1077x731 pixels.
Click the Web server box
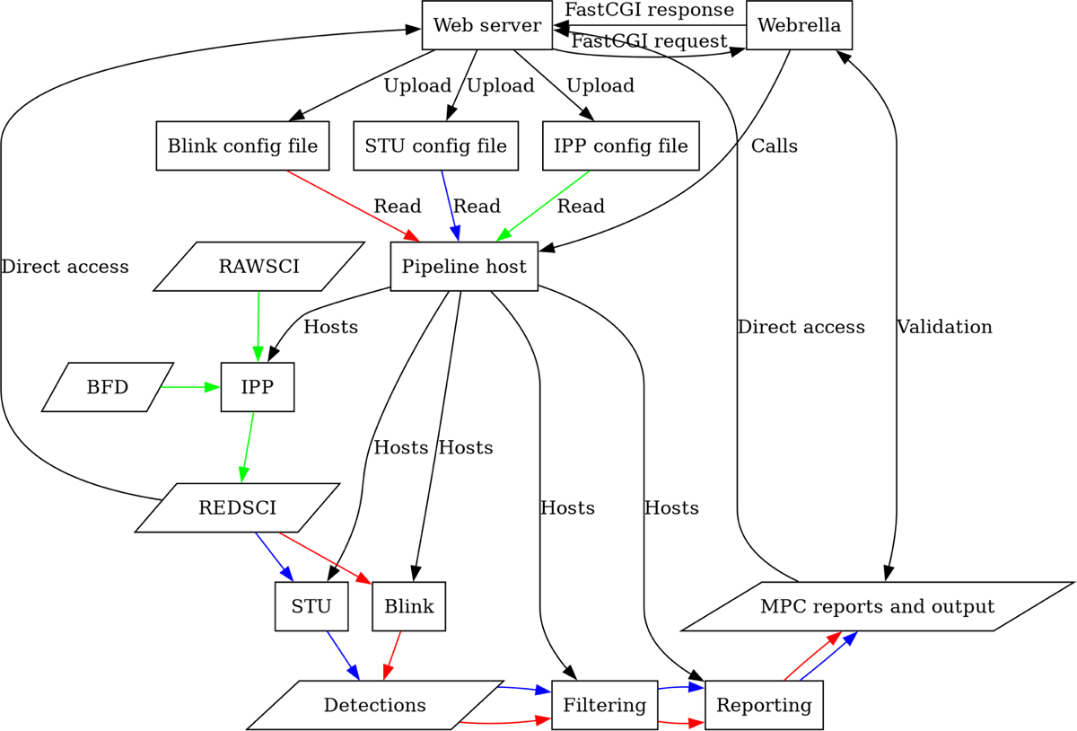[x=486, y=25]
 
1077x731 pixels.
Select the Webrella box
[x=799, y=25]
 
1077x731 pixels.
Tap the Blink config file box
[x=242, y=145]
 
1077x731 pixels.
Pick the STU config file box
[x=436, y=145]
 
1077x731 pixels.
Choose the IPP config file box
[x=621, y=145]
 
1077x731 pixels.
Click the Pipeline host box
[x=464, y=267]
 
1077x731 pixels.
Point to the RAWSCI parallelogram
[x=258, y=267]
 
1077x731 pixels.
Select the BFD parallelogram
[x=108, y=388]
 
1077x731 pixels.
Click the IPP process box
[x=258, y=388]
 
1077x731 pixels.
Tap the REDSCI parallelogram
[x=237, y=508]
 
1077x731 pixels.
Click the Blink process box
[x=409, y=606]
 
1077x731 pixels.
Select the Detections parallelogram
[x=375, y=705]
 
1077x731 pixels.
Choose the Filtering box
[x=604, y=705]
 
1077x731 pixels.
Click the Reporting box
[x=765, y=705]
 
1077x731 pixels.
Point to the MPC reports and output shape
[x=877, y=606]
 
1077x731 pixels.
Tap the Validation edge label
[x=944, y=327]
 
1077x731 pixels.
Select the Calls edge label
[x=775, y=146]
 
